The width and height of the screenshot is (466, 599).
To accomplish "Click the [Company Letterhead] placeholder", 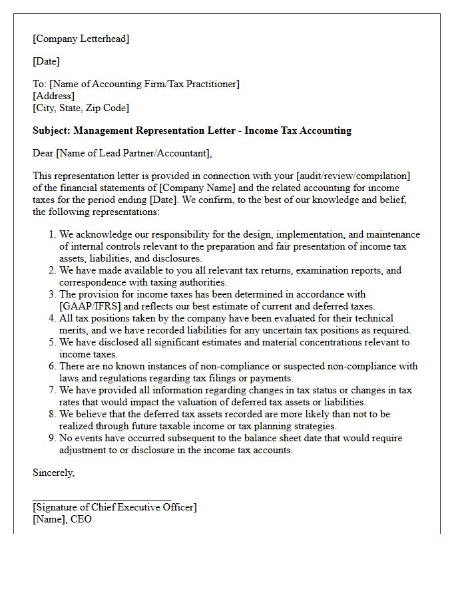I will (x=81, y=39).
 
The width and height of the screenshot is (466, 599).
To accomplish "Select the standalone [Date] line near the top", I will (x=46, y=61).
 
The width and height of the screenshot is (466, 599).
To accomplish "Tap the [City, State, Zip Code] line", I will (x=81, y=108).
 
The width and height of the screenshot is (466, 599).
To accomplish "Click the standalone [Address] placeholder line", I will (x=53, y=96).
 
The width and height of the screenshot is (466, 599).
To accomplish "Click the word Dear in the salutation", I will (x=43, y=154).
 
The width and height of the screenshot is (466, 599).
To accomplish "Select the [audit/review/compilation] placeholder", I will (x=353, y=176).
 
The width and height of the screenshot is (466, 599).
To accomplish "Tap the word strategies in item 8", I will (x=312, y=427).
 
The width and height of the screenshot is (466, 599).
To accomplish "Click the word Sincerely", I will (x=53, y=473).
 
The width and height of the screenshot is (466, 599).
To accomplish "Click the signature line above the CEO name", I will (x=101, y=498).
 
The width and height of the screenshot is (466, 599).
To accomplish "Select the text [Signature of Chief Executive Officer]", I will (x=115, y=507).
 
